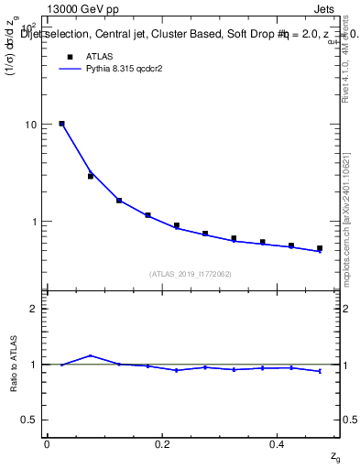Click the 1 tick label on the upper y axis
[34, 222]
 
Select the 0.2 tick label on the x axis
[162, 444]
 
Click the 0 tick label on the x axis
[47, 444]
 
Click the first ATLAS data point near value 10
[61, 123]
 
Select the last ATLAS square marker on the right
[320, 248]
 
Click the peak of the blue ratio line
[90, 355]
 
